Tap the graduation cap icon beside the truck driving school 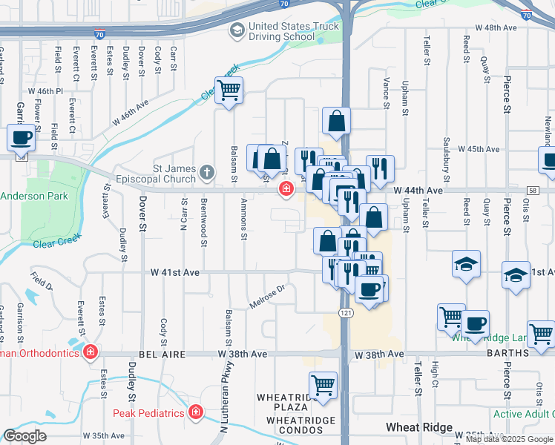tap(237, 30)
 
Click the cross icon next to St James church tap(206, 174)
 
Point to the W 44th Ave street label tap(418, 191)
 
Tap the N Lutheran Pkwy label tap(224, 393)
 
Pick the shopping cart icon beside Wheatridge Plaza tap(323, 385)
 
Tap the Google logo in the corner tap(24, 436)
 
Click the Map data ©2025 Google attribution tap(509, 439)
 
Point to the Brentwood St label tap(202, 220)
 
